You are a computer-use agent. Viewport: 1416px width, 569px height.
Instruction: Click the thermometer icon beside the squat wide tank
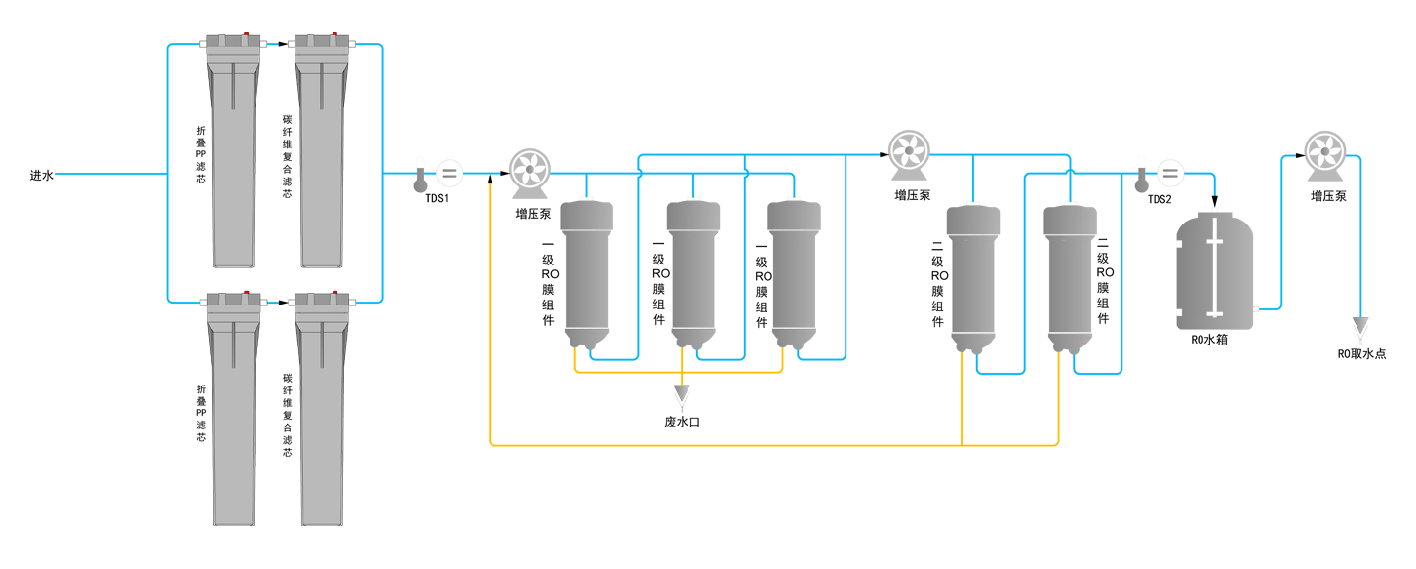point(1142,179)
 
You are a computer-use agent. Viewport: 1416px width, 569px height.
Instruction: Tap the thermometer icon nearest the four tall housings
point(421,179)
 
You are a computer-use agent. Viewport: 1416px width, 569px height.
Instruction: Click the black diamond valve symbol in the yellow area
point(683,402)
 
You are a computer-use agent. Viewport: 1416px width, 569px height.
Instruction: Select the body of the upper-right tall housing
point(322,156)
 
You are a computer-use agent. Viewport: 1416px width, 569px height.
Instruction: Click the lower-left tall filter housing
point(233,410)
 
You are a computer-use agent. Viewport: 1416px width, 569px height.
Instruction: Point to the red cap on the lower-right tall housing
point(334,294)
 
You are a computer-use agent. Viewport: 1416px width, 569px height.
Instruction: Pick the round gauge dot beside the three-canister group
point(530,169)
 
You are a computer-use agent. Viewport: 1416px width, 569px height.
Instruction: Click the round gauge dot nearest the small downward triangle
point(1323,151)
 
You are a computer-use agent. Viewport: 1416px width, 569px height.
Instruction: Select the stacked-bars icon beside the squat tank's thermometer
point(1169,173)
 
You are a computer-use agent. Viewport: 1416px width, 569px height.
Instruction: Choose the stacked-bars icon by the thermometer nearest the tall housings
point(449,173)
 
